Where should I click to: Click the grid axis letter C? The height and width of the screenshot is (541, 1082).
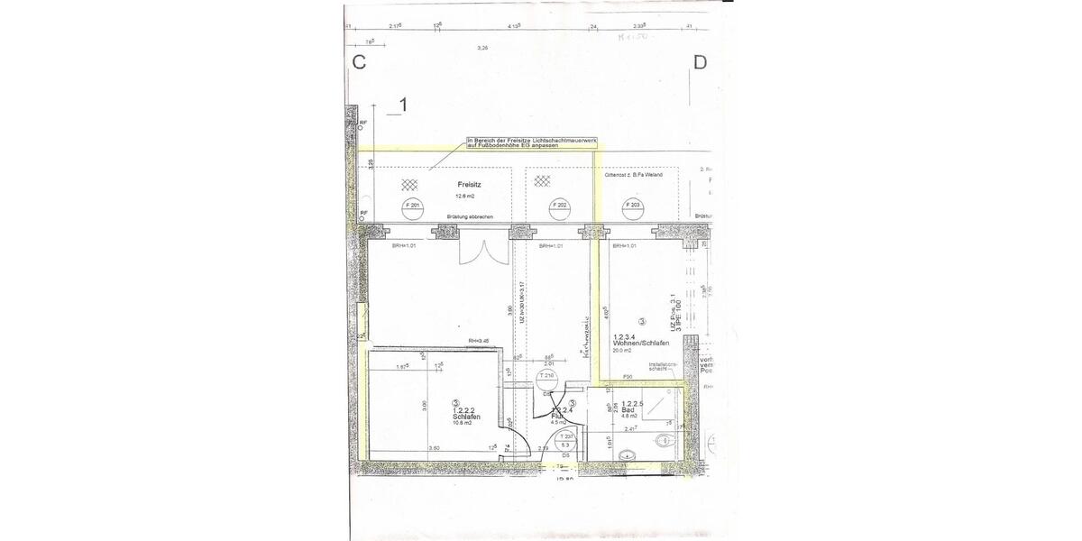tap(358, 62)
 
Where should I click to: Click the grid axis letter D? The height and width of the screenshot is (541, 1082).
tap(700, 62)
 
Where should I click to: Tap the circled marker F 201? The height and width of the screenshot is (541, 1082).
tap(415, 206)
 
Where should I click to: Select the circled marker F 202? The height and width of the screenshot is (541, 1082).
tap(560, 206)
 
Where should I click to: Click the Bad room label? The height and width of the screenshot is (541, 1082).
tap(629, 410)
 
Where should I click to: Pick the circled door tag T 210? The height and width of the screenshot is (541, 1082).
tap(546, 376)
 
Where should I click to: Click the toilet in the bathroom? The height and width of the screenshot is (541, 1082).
tap(665, 440)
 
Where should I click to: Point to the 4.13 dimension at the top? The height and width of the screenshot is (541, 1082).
tap(516, 27)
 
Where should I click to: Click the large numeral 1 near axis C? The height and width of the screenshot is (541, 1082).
tap(403, 105)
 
